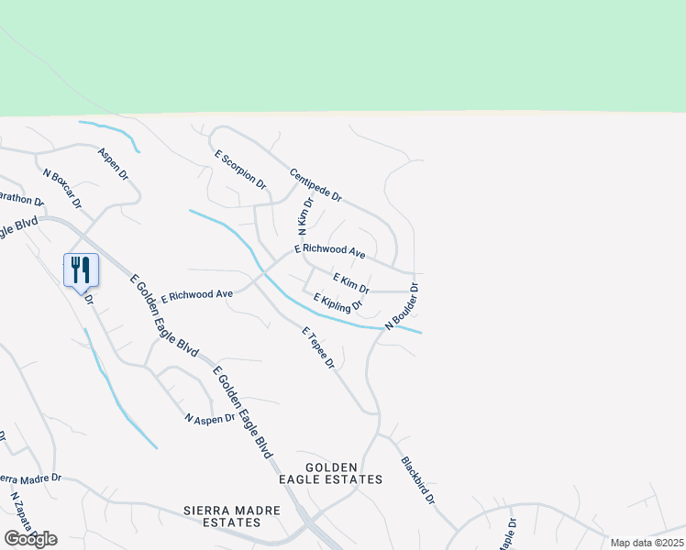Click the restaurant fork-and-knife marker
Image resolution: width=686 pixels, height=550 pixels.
point(81,269)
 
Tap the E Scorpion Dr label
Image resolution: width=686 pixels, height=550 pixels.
point(240,171)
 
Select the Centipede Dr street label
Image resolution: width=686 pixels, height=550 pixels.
point(315,185)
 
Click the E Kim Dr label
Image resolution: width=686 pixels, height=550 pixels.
point(350,283)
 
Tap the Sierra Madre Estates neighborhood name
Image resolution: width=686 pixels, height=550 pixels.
point(221,516)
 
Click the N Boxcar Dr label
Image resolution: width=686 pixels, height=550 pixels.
point(61,187)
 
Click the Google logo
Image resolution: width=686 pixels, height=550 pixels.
point(30,539)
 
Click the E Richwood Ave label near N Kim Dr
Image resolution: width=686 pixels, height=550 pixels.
point(330,249)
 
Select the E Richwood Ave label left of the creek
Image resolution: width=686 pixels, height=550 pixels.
point(196,295)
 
